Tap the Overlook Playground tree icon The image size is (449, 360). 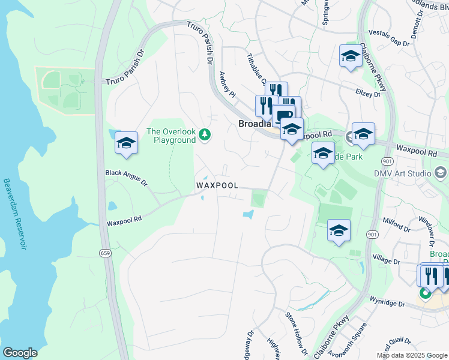pos(205,133)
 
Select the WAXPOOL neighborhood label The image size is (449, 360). pos(217,185)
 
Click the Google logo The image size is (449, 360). pos(20,353)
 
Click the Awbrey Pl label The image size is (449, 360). pos(228,83)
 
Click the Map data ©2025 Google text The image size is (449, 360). pos(412,355)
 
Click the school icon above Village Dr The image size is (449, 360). pos(339,230)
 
